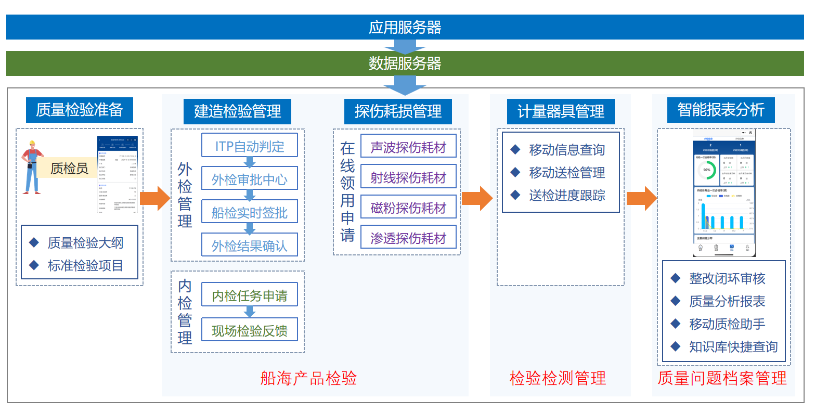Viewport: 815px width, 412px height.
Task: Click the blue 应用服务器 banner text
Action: (x=405, y=27)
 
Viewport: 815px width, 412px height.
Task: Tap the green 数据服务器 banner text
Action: (x=405, y=63)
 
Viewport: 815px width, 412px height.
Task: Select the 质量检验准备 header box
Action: (x=79, y=110)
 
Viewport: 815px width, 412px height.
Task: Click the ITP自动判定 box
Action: (x=250, y=146)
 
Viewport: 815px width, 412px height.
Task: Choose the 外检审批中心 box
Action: (x=250, y=179)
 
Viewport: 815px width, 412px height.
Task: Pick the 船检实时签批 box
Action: (x=250, y=212)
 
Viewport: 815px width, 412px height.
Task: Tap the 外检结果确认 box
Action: (x=250, y=245)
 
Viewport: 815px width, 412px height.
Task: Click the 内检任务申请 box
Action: (x=250, y=295)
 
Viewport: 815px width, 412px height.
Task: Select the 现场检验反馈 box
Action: (x=250, y=330)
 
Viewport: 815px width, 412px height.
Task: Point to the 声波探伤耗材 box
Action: (x=408, y=147)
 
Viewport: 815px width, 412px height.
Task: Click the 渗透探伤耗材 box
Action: (x=408, y=238)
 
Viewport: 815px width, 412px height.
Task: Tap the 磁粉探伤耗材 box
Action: (x=408, y=208)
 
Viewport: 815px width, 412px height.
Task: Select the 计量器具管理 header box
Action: (x=561, y=111)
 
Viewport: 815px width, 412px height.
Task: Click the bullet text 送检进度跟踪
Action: (x=567, y=196)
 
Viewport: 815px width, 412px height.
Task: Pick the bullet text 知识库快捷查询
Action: (x=733, y=346)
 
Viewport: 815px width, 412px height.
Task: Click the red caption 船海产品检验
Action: (x=308, y=378)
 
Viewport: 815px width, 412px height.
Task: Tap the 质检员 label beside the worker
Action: (x=69, y=168)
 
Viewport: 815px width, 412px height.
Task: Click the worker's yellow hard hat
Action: (x=32, y=143)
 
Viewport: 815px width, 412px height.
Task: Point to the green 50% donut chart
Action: (x=706, y=170)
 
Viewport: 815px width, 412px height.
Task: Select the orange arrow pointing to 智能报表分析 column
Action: (x=641, y=198)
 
